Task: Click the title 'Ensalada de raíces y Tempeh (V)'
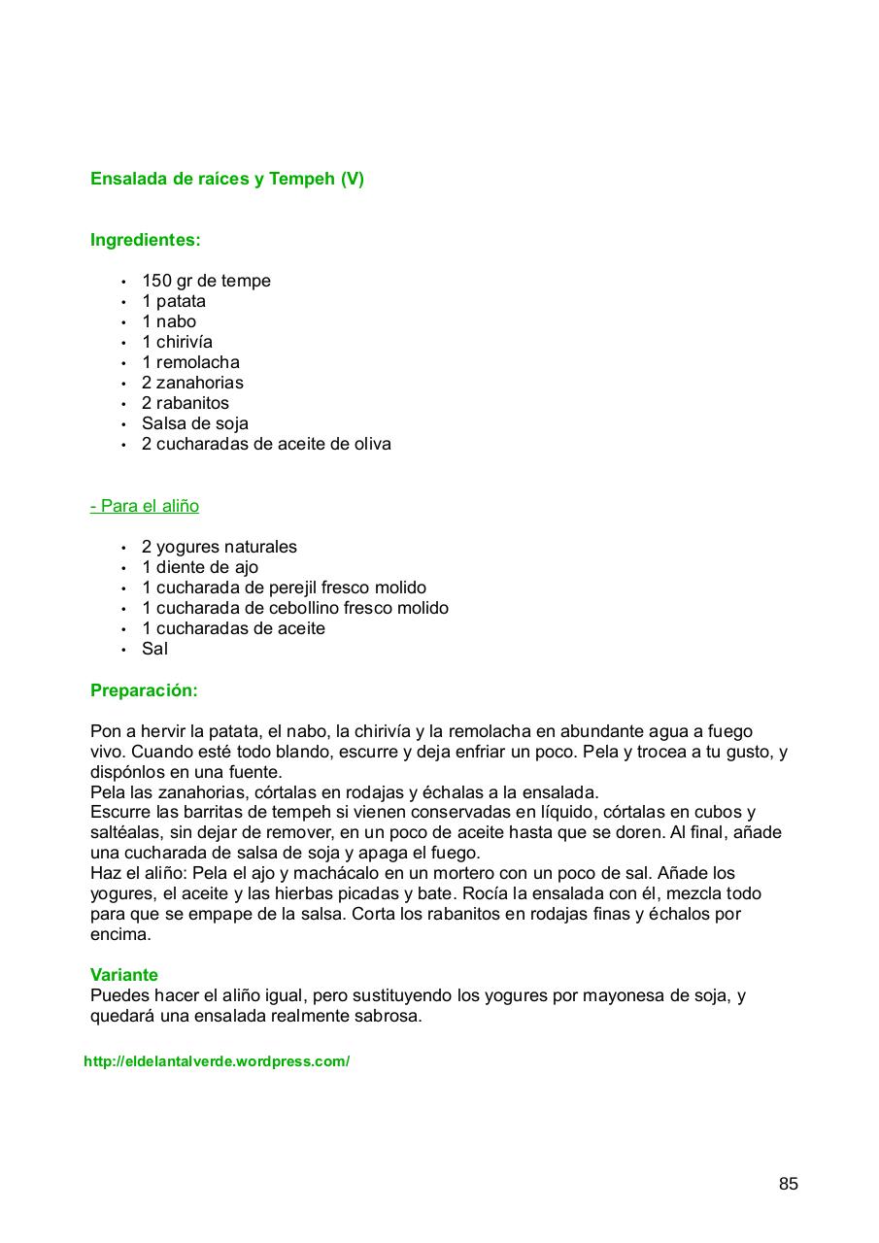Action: click(x=226, y=179)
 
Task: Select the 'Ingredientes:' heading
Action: click(x=145, y=240)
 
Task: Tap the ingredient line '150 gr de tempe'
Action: click(x=206, y=281)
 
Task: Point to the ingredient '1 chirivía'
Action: click(x=177, y=342)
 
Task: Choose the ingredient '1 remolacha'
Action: click(x=190, y=362)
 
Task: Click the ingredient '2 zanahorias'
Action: click(x=192, y=383)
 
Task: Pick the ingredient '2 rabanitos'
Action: click(x=186, y=403)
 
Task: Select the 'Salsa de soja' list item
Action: click(x=194, y=423)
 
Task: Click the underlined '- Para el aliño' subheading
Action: click(x=145, y=506)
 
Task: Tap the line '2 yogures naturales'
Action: click(x=220, y=547)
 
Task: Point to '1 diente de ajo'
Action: click(x=200, y=567)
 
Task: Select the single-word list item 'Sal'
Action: click(x=154, y=649)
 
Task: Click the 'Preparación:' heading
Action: click(x=144, y=690)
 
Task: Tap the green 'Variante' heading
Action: click(x=124, y=974)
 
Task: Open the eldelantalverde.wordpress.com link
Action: click(x=217, y=1061)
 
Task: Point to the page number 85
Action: click(x=788, y=1184)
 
